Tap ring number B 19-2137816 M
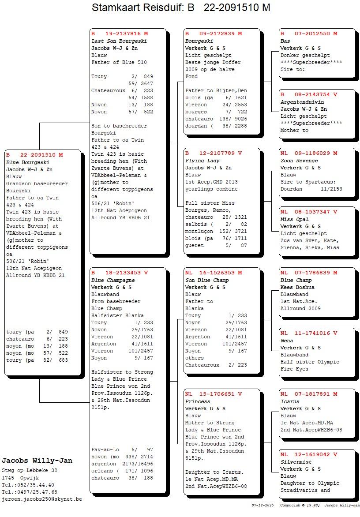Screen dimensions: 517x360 pos(120,34)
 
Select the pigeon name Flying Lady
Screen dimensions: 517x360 pos(202,161)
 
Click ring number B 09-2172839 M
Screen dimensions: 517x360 pos(214,34)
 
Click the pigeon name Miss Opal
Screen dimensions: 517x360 pos(294,219)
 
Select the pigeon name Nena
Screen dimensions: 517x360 pos(287,341)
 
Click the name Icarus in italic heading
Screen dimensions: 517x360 pos(290,401)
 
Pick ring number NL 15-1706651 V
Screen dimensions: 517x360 pos(214,394)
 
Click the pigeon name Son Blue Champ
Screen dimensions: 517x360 pos(207,280)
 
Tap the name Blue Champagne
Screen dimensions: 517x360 pos(113,280)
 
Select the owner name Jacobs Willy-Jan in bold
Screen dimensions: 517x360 pos(37,461)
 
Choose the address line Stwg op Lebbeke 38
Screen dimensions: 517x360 pos(30,470)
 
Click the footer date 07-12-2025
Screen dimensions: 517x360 pos(263,505)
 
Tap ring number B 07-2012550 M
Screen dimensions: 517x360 pos(309,34)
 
